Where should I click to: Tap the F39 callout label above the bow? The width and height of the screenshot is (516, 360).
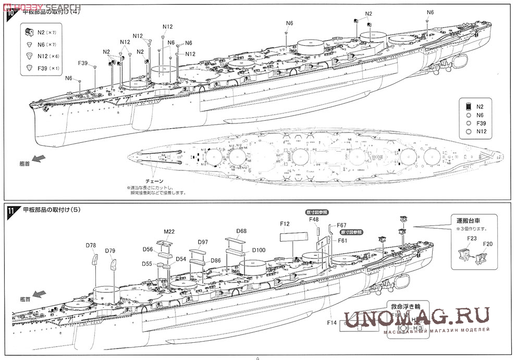click(83, 63)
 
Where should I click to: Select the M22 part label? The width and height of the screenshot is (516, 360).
click(169, 231)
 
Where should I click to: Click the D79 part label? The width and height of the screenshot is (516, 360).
click(109, 251)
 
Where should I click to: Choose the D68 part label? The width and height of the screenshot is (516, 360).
click(241, 231)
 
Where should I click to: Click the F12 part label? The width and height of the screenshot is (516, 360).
click(284, 224)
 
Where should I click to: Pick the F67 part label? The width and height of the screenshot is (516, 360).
click(341, 225)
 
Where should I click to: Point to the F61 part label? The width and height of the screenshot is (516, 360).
click(342, 240)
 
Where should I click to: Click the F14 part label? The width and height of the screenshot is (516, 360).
click(331, 323)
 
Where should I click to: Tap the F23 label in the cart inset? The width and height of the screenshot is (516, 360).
click(471, 238)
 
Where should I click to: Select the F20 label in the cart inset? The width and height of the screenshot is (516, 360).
click(488, 243)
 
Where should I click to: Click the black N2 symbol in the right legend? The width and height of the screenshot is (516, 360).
click(469, 106)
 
